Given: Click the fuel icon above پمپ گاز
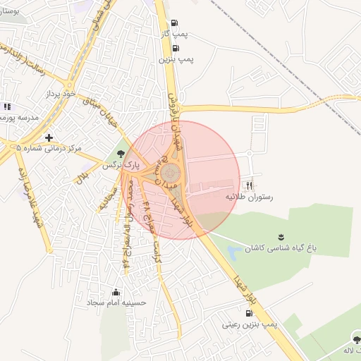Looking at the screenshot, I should click(174, 22).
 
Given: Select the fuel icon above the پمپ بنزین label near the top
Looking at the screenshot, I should click(174, 48).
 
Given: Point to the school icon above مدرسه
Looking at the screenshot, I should click(7, 106).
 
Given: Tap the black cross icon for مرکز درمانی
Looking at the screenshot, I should click(49, 137).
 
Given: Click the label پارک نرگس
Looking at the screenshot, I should click(117, 164).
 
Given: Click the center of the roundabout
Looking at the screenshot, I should click(170, 173).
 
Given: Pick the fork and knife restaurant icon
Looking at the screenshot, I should click(248, 185).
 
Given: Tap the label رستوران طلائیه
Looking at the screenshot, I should click(248, 197).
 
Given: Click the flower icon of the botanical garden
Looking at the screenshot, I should click(281, 236).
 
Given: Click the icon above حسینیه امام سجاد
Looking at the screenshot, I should click(116, 291).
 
